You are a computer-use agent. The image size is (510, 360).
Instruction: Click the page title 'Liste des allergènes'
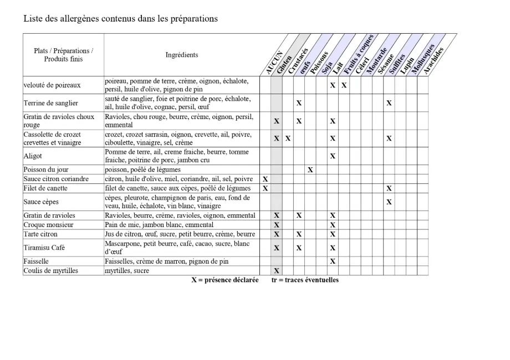120,19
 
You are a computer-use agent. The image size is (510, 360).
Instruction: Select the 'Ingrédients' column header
181,55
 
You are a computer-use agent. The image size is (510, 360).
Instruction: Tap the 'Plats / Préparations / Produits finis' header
63,55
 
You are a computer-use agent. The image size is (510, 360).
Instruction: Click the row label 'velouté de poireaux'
52,85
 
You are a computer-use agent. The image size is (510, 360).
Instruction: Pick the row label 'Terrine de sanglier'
50,103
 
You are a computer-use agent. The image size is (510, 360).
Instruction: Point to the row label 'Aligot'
33,156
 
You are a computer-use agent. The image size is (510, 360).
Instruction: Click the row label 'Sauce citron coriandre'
56,179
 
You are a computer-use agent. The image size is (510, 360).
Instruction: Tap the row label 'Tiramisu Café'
44,248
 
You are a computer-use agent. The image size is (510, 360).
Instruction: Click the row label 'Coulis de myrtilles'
50,271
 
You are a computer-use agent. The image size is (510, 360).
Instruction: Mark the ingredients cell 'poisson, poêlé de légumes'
142,169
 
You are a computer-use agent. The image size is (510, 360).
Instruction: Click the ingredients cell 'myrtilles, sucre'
127,271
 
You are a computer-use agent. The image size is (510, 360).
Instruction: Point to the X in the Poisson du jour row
310,170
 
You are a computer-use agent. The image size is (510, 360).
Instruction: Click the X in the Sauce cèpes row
389,202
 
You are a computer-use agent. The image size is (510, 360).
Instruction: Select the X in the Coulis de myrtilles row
277,271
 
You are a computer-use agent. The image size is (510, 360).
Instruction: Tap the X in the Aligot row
333,156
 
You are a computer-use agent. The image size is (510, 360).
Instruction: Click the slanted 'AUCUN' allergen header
274,63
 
